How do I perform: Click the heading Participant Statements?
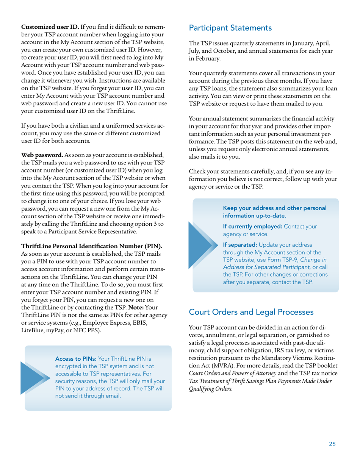230,28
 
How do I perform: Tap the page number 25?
332,444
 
